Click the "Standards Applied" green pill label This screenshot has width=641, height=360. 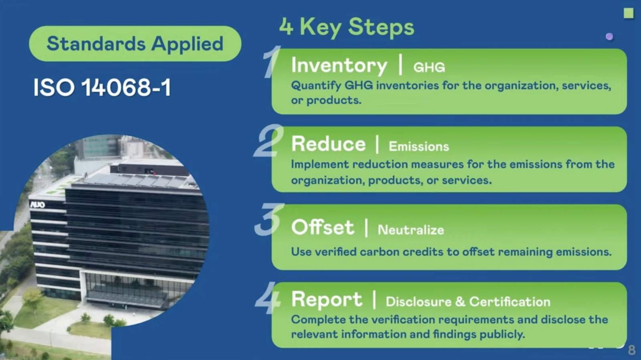click(135, 44)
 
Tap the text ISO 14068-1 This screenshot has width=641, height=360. click(102, 87)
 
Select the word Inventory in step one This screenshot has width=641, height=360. click(339, 66)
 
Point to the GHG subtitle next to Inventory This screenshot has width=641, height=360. click(429, 68)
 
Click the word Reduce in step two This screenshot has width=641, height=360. click(328, 144)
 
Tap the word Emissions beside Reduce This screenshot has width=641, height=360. click(419, 147)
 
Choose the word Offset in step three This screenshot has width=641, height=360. click(323, 227)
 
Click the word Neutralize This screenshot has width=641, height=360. click(411, 230)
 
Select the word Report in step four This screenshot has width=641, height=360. click(327, 299)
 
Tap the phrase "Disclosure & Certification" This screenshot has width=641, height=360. click(468, 301)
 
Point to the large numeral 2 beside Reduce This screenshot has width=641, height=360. click(268, 140)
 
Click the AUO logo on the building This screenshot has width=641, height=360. click(38, 204)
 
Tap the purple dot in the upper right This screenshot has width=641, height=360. click(609, 36)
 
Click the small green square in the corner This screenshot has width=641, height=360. click(629, 13)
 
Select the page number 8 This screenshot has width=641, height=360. click(631, 350)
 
